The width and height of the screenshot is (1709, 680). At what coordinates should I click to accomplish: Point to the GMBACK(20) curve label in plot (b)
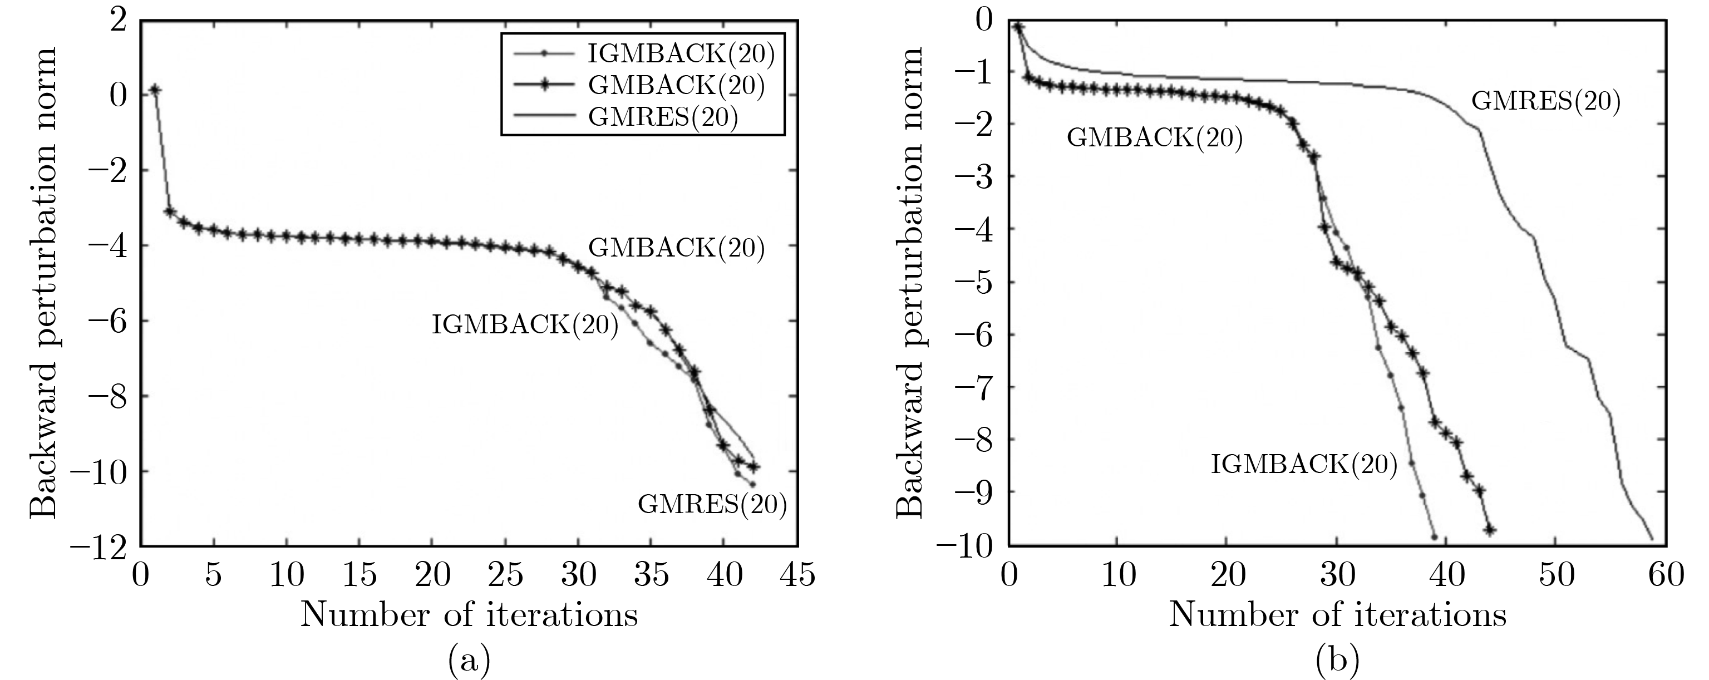tap(1154, 137)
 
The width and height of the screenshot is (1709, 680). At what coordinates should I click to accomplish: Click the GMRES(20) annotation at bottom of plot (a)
tap(712, 505)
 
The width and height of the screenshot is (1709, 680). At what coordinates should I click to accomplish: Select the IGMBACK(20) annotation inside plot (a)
tap(525, 325)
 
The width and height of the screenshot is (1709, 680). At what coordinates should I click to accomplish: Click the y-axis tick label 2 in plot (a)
tap(117, 20)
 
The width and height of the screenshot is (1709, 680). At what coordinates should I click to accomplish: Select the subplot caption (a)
tap(469, 659)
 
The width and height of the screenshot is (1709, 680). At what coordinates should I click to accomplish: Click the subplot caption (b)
tap(1337, 659)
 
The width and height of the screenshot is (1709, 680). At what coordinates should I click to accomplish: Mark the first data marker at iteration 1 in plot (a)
tap(155, 90)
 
